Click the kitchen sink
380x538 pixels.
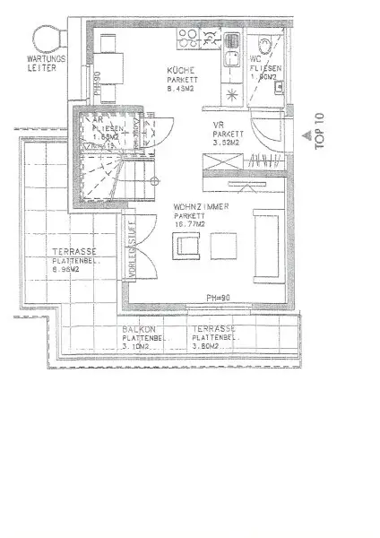click(230, 39)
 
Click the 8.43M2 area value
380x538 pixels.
click(182, 88)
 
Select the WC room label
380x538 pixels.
click(254, 59)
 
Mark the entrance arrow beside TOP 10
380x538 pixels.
click(307, 136)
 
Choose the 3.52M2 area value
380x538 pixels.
click(225, 143)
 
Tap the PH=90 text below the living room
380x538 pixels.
click(220, 297)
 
